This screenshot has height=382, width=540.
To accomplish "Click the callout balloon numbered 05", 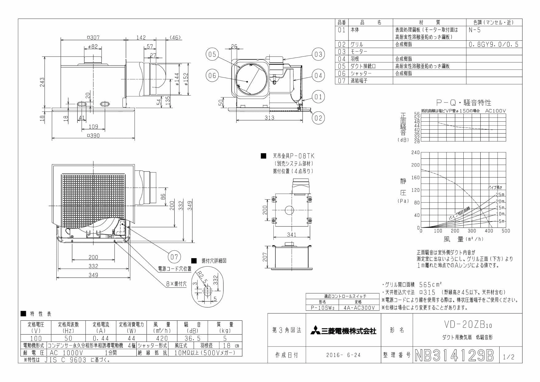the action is [212, 55].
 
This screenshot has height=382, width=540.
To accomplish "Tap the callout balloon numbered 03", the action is [318, 54].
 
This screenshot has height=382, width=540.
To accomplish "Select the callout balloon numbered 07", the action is [174, 257].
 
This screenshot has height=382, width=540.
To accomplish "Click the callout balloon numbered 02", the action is [318, 118].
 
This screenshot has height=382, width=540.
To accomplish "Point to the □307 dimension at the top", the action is [93, 38].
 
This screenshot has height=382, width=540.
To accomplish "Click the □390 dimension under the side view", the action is [93, 136].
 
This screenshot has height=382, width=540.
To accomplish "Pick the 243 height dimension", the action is [42, 83].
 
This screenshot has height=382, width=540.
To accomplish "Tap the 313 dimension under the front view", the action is [269, 118].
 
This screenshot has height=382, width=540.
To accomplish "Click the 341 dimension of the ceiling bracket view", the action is [291, 235].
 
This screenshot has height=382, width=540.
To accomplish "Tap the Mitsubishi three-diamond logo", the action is [315, 331].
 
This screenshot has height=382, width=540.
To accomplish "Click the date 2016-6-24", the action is [343, 355].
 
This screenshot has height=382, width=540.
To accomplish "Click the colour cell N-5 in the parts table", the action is [474, 30].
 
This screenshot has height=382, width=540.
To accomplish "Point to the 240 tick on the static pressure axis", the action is [415, 152].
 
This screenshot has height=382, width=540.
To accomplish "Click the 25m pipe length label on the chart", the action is [500, 195].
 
